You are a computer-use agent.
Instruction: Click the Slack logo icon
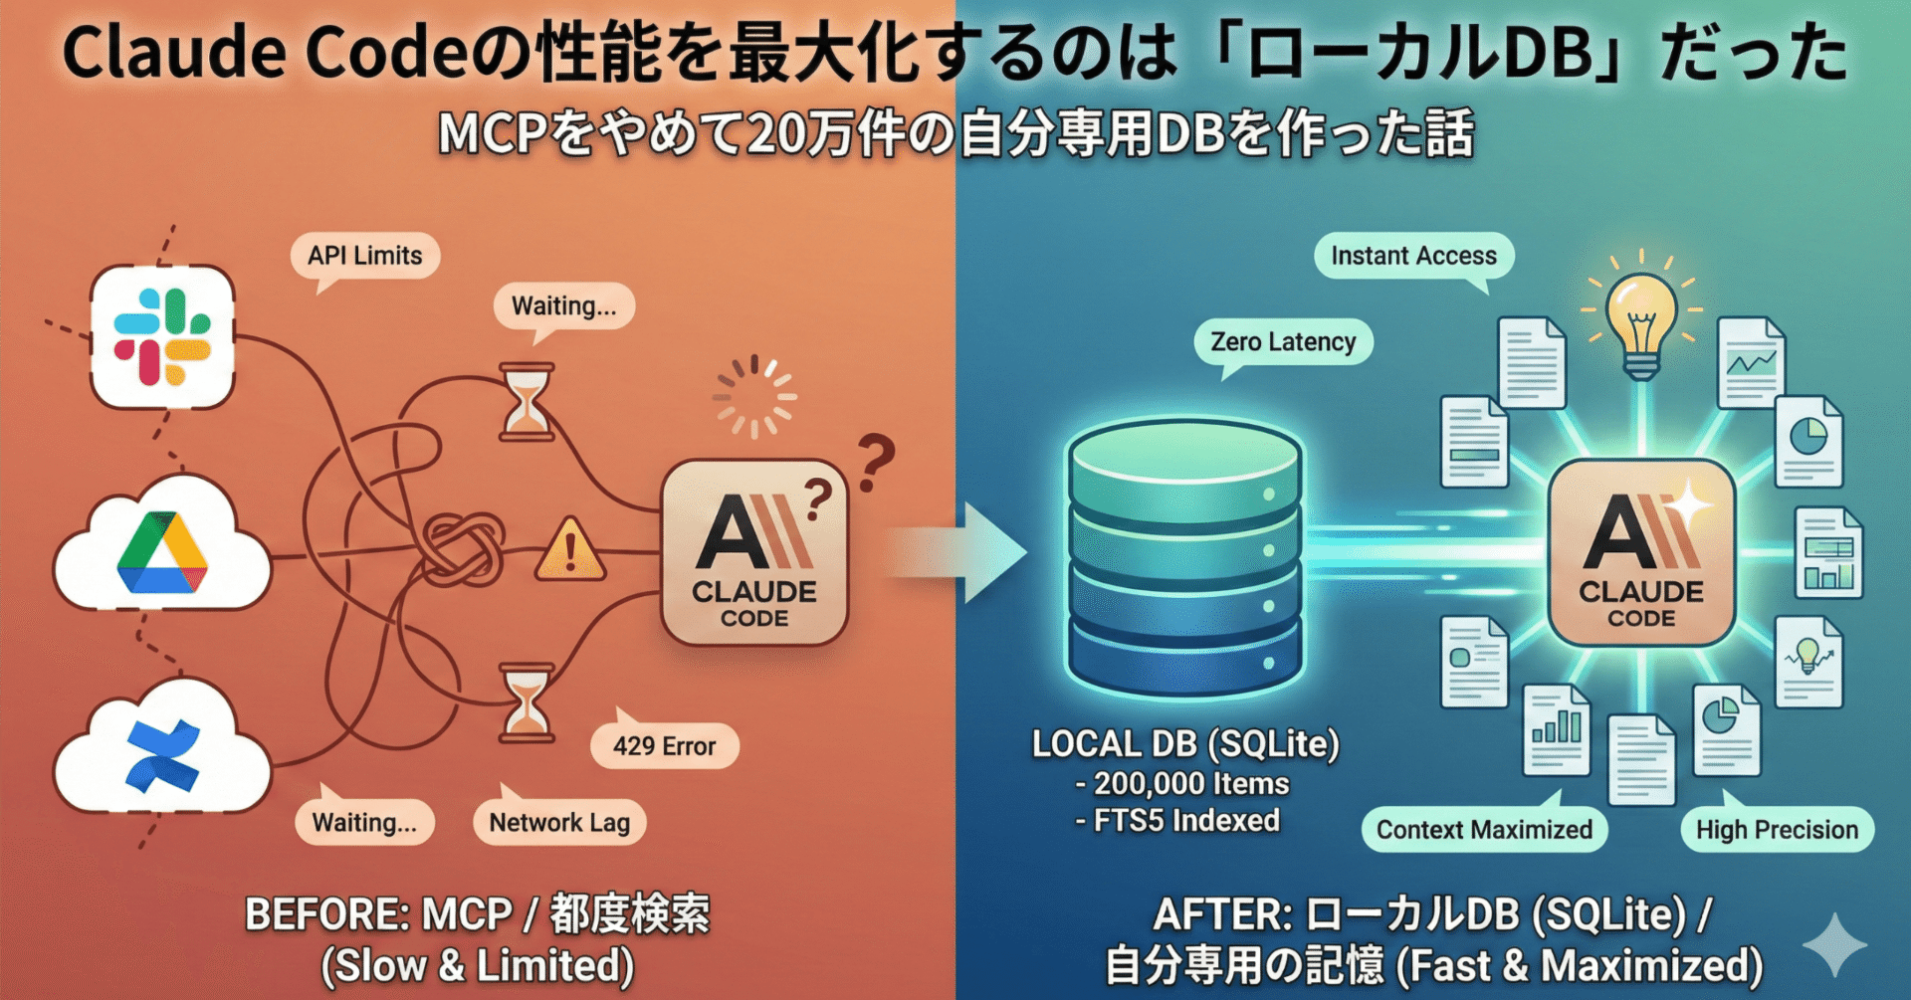coord(162,336)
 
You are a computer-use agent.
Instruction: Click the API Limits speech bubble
coord(364,256)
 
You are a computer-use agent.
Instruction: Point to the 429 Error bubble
coord(664,746)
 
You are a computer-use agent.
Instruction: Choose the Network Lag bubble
coord(559,823)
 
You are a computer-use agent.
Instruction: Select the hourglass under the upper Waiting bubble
coord(526,402)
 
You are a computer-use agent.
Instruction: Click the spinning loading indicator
coord(753,397)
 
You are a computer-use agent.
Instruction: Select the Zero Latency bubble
coord(1283,342)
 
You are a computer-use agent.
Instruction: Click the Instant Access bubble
coord(1413,256)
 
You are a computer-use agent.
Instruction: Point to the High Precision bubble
coord(1777,830)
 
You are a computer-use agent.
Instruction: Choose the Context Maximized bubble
coord(1484,830)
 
